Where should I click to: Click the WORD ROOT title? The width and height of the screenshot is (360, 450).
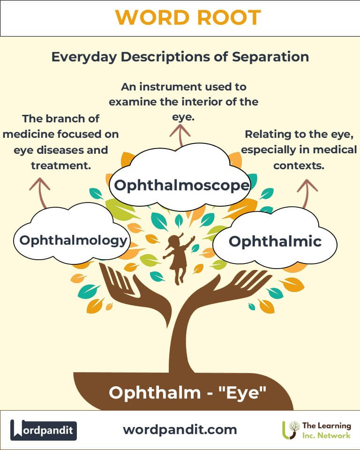[x=188, y=17]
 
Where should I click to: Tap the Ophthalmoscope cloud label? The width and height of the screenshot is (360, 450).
[x=182, y=186]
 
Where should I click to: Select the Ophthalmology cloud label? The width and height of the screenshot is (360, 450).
[x=73, y=240]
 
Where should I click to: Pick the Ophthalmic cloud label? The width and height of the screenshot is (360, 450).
[x=275, y=241]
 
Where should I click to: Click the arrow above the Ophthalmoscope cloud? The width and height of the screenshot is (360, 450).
[x=180, y=136]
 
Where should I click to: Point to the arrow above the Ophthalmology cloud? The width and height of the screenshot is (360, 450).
[x=40, y=193]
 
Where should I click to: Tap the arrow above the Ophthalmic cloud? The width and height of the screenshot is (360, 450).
[x=307, y=194]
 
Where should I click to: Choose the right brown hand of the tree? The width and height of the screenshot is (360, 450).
[x=227, y=290]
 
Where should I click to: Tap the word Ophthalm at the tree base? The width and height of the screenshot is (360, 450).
[x=154, y=392]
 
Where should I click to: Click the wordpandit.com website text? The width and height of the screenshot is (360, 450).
[x=180, y=430]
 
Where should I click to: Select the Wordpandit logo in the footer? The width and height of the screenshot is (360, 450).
[x=43, y=430]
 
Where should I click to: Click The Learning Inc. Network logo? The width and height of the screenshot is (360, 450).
[x=316, y=430]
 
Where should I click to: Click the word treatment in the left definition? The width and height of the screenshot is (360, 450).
[x=61, y=165]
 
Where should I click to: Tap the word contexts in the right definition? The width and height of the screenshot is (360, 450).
[x=299, y=165]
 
